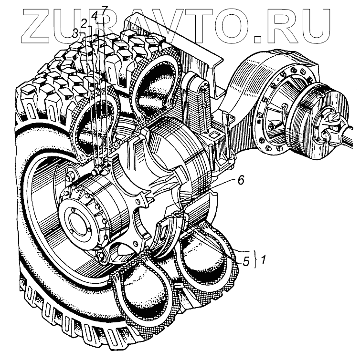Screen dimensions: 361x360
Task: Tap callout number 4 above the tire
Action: click(95, 16)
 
